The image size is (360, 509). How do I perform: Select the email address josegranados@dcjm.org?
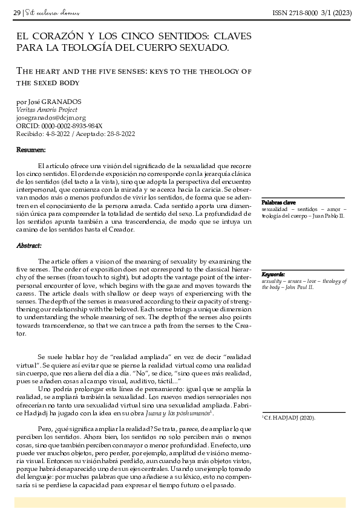click(51, 118)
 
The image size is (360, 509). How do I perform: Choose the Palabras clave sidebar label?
click(278, 202)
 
